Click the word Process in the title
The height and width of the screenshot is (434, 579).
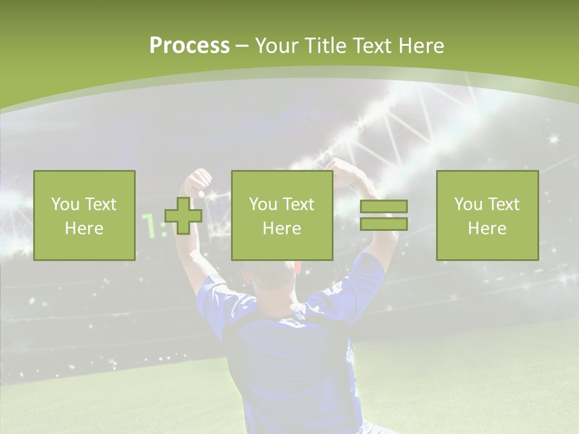[189, 46]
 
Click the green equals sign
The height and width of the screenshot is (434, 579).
[384, 215]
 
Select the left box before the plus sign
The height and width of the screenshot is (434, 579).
[84, 215]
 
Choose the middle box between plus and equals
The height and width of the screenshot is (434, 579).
[282, 215]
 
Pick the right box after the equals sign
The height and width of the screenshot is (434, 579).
[487, 215]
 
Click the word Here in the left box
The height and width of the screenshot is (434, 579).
[84, 228]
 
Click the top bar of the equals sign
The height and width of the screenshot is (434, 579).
[384, 206]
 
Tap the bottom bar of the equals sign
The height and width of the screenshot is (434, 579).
[384, 224]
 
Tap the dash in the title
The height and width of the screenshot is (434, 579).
[242, 46]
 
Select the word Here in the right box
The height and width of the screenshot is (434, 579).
[487, 228]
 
